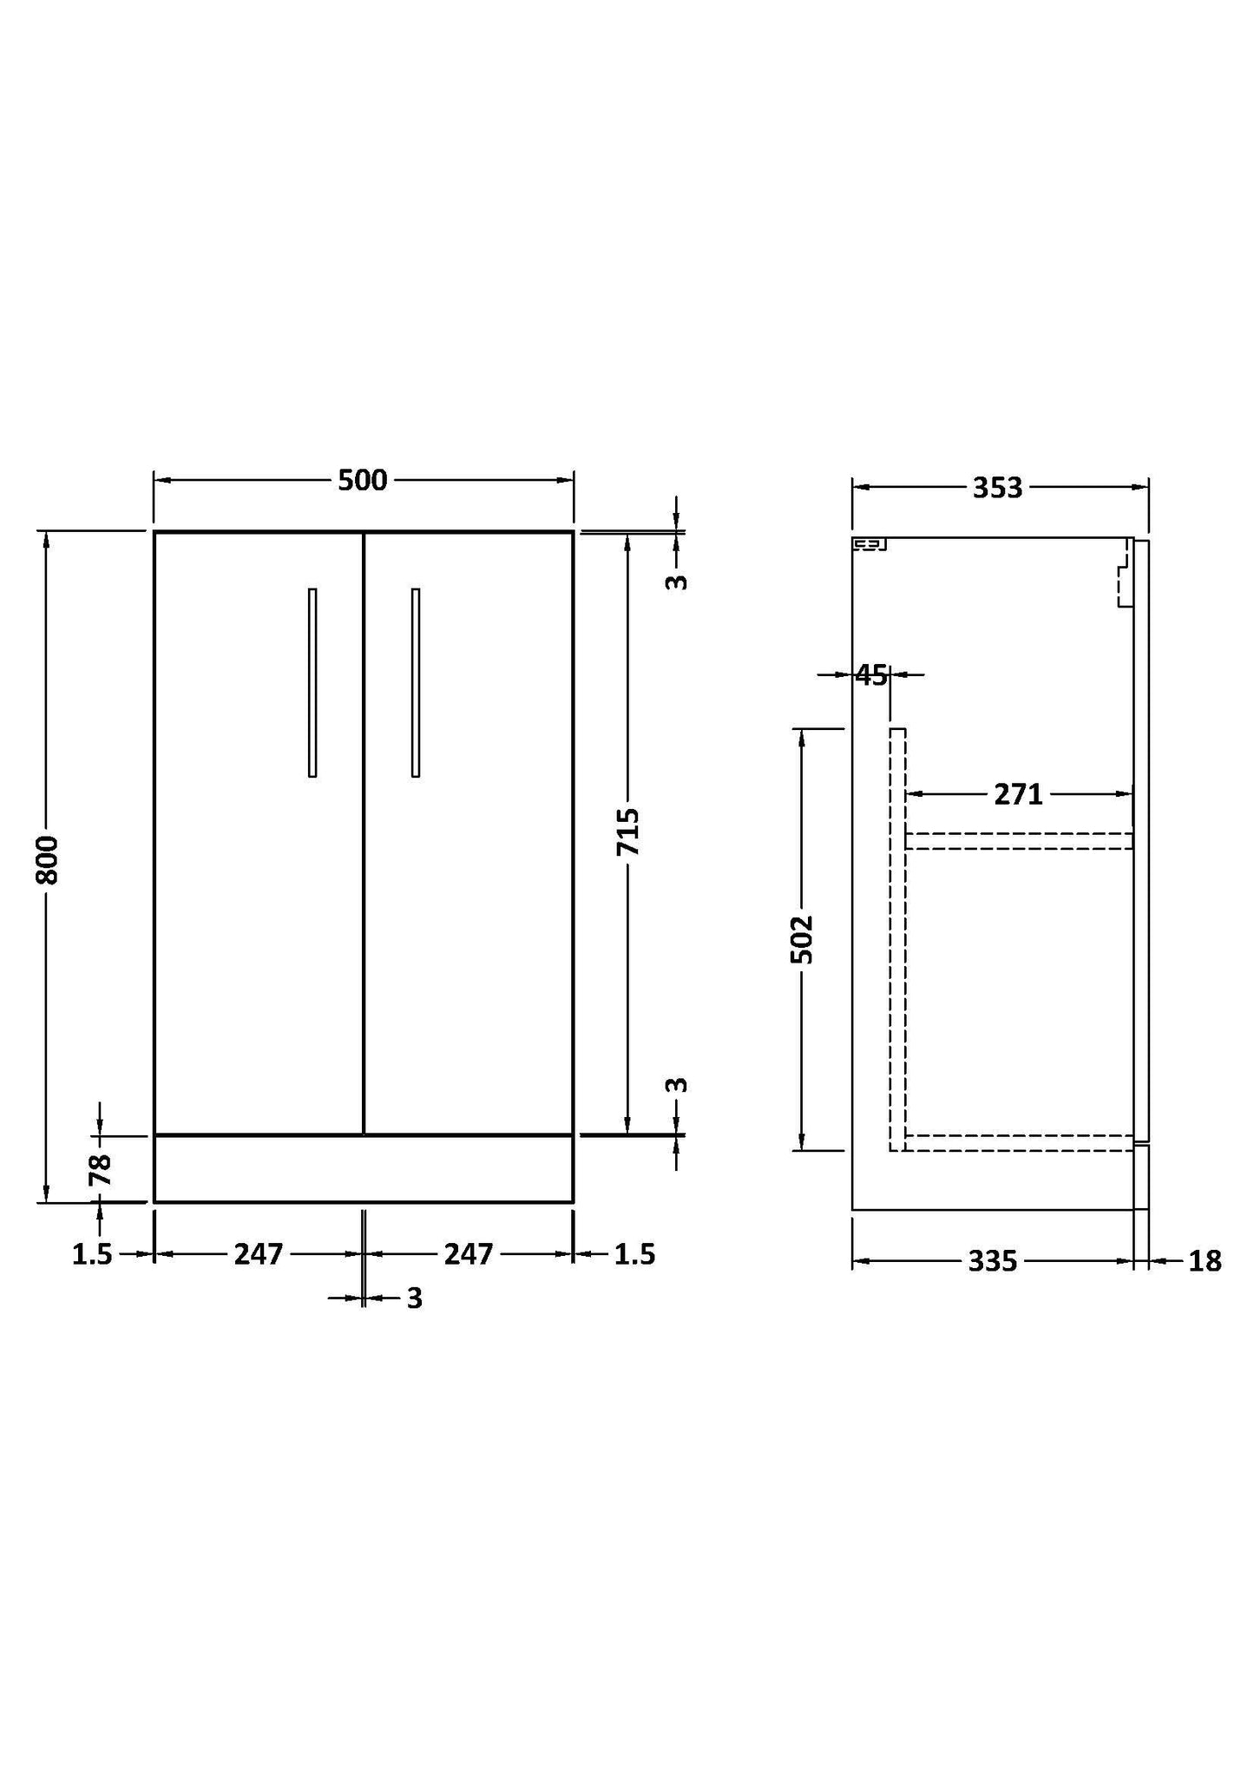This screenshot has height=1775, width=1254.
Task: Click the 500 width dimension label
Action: click(362, 480)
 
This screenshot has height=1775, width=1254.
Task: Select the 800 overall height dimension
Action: click(48, 859)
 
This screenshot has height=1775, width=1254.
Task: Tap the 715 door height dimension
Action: click(627, 832)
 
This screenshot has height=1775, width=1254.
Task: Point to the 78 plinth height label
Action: click(100, 1169)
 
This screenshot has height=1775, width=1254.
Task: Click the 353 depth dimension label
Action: click(997, 489)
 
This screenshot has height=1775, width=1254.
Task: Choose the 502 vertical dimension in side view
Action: click(802, 939)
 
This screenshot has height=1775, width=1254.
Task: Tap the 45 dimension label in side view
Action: click(871, 674)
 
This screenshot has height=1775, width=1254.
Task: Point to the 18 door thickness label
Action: click(1205, 1261)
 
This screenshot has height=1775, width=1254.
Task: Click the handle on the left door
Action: click(312, 682)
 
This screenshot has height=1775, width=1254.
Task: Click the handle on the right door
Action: click(416, 682)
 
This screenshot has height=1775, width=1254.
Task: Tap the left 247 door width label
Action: click(259, 1254)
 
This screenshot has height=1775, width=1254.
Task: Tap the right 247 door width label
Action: click(469, 1254)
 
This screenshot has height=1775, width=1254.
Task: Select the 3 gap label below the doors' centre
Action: click(414, 1298)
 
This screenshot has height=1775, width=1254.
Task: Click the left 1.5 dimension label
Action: click(92, 1254)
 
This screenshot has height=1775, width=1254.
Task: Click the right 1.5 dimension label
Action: click(634, 1254)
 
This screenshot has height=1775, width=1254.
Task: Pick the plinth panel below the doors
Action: click(363, 1168)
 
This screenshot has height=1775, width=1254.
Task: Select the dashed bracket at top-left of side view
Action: click(870, 545)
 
